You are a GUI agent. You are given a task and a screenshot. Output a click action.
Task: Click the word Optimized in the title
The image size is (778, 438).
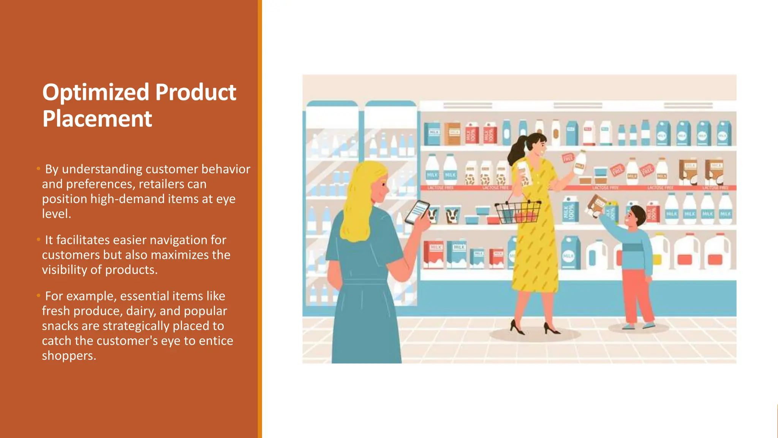[95, 93]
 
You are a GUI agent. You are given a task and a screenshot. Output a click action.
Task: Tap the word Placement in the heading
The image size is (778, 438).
[97, 119]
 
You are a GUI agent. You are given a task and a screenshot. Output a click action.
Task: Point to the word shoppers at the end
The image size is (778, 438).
[69, 355]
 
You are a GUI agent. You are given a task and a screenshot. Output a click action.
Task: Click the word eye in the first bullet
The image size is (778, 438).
[226, 199]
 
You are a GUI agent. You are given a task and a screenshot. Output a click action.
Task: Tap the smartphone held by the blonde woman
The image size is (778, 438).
[417, 212]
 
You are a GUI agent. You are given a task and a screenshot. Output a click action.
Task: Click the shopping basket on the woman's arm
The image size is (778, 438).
[518, 213]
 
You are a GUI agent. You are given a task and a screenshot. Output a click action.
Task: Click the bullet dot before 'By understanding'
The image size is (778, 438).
[38, 168]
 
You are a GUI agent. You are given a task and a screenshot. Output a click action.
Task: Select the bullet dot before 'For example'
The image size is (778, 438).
[38, 295]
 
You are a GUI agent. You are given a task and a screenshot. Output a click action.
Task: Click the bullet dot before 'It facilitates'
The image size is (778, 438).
[38, 240]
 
